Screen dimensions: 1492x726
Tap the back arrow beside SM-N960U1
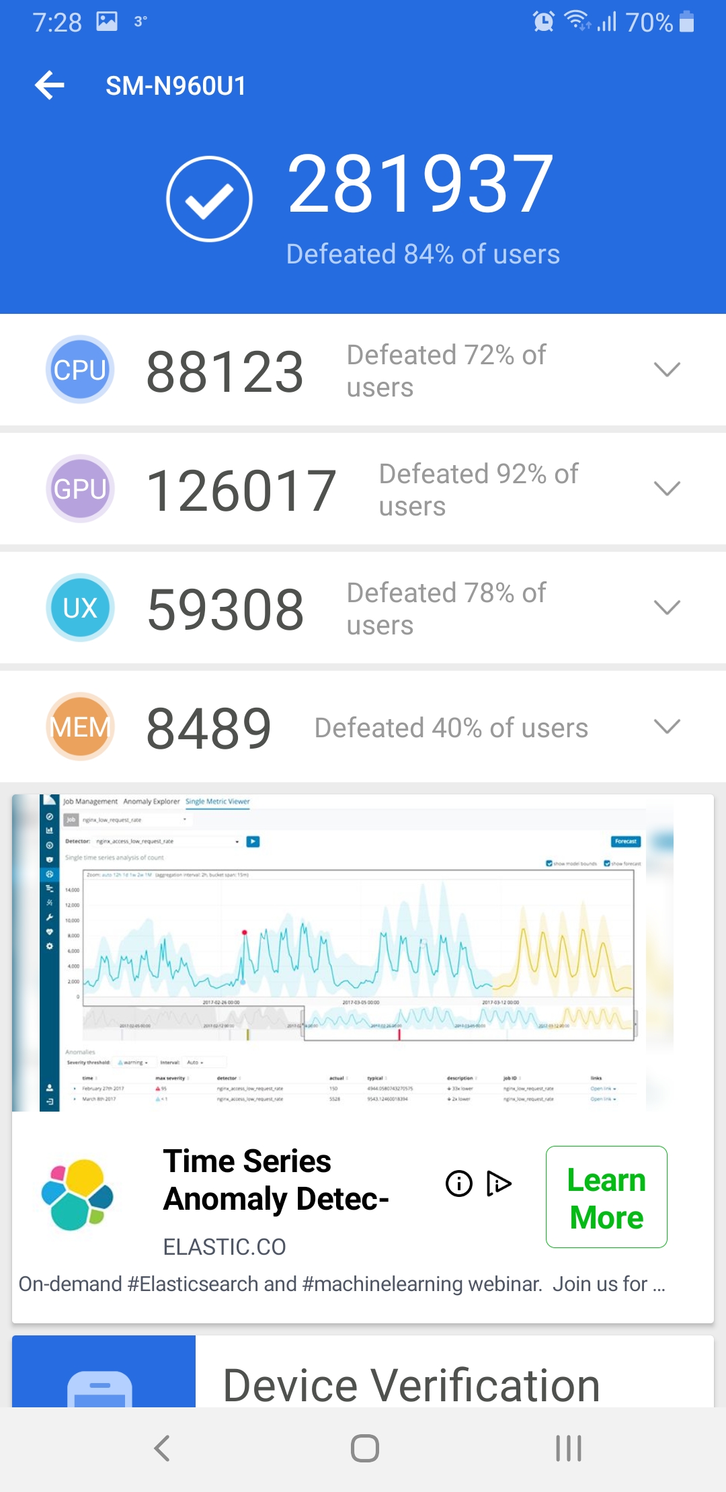click(50, 85)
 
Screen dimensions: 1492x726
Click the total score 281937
click(420, 184)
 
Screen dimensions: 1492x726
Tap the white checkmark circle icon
click(209, 199)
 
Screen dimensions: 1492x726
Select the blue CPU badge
click(80, 370)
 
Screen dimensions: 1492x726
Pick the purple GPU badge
click(80, 489)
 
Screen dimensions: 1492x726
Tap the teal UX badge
click(80, 608)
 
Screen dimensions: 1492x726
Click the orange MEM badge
click(80, 727)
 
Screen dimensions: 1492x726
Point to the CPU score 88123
click(225, 372)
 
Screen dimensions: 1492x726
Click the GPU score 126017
click(241, 491)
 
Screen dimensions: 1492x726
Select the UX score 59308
click(225, 610)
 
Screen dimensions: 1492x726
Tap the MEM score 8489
click(209, 729)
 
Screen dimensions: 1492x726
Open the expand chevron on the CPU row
click(667, 369)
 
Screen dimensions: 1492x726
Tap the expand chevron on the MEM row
click(667, 726)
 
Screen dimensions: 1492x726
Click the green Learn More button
click(606, 1197)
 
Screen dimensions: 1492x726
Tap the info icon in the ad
click(459, 1184)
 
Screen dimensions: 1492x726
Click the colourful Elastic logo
click(77, 1194)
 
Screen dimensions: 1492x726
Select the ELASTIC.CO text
click(225, 1247)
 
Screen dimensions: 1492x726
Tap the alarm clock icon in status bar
click(543, 22)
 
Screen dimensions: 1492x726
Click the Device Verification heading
click(411, 1384)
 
